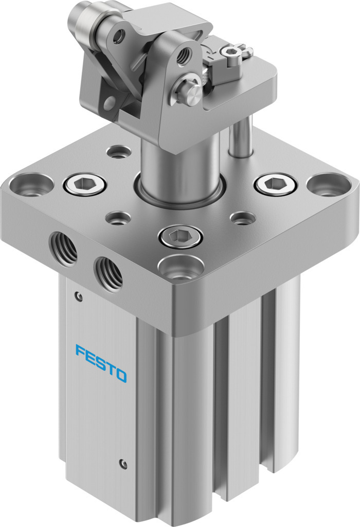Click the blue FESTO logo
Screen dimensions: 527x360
coord(101,363)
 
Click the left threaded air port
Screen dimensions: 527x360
coord(64,247)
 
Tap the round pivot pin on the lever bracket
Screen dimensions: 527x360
coord(190,93)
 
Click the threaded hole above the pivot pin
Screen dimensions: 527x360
coord(183,55)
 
